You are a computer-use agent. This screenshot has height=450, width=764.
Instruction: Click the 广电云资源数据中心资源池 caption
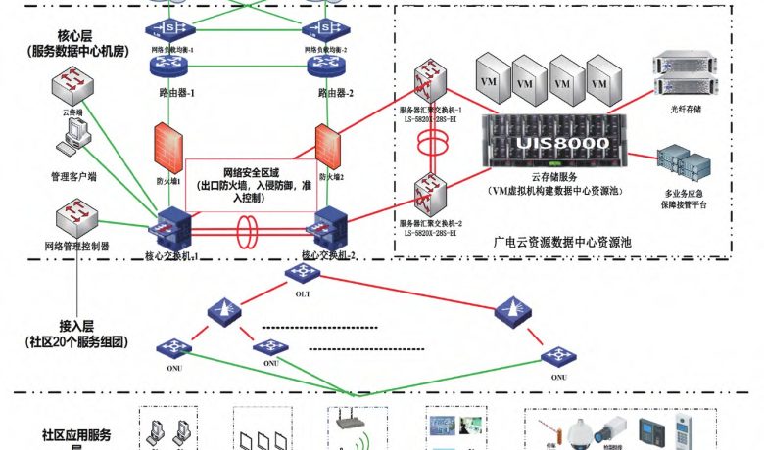pyautogui.click(x=562, y=241)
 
